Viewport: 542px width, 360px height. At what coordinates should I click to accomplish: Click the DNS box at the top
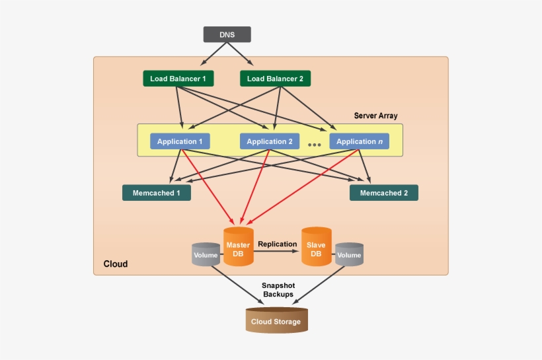pyautogui.click(x=227, y=34)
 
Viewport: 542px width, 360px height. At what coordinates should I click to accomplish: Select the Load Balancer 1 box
pyautogui.click(x=178, y=79)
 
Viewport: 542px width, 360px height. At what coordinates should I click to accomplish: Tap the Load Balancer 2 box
pyautogui.click(x=275, y=79)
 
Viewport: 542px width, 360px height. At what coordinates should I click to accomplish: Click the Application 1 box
pyautogui.click(x=180, y=141)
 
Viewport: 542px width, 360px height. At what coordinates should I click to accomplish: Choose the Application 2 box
pyautogui.click(x=270, y=141)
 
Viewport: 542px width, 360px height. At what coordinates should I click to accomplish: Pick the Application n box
pyautogui.click(x=359, y=141)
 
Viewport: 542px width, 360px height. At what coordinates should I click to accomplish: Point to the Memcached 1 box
pyautogui.click(x=157, y=193)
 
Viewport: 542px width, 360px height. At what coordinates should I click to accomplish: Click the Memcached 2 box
pyautogui.click(x=383, y=193)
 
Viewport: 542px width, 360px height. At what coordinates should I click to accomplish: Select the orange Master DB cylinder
pyautogui.click(x=238, y=247)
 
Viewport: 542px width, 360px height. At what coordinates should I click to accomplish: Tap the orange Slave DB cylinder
pyautogui.click(x=316, y=247)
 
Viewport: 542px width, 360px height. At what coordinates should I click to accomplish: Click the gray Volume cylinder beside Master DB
pyautogui.click(x=206, y=255)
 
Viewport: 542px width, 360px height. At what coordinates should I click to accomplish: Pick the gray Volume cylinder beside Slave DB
pyautogui.click(x=349, y=255)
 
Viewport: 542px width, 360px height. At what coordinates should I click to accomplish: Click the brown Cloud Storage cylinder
pyautogui.click(x=276, y=320)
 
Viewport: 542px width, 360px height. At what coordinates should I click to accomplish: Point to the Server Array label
pyautogui.click(x=375, y=116)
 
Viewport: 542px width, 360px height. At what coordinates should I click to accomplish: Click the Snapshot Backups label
pyautogui.click(x=278, y=289)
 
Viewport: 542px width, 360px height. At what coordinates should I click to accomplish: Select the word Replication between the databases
pyautogui.click(x=277, y=244)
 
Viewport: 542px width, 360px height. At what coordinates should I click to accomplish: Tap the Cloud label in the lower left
pyautogui.click(x=115, y=264)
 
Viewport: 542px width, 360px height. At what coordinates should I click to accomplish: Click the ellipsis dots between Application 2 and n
pyautogui.click(x=315, y=144)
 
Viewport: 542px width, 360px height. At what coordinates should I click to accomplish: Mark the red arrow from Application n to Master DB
pyautogui.click(x=304, y=185)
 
